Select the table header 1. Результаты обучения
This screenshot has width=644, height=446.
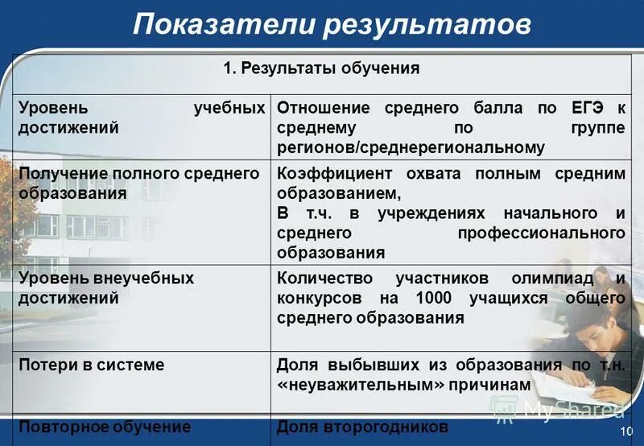(x=321, y=68)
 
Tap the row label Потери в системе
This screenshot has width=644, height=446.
(x=91, y=365)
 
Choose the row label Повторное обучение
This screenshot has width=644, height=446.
(x=104, y=427)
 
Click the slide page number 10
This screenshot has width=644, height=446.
(x=627, y=433)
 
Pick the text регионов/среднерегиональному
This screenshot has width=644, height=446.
(x=411, y=147)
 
